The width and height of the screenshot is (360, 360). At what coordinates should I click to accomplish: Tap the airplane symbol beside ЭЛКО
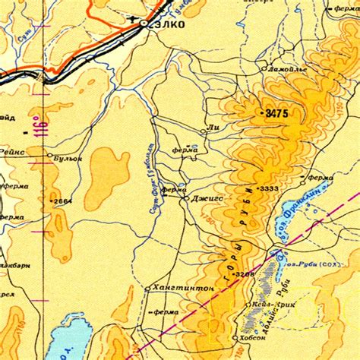(134, 17)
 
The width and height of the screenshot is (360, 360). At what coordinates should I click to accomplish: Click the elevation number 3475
(274, 113)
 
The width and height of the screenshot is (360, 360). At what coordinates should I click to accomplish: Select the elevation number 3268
(244, 274)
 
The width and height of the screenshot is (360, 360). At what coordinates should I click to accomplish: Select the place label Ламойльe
(286, 70)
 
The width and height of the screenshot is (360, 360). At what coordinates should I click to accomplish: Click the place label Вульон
(68, 158)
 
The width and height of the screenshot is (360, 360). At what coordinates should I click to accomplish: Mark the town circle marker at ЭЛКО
(144, 24)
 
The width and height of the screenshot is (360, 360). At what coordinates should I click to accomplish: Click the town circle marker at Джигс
(186, 198)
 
